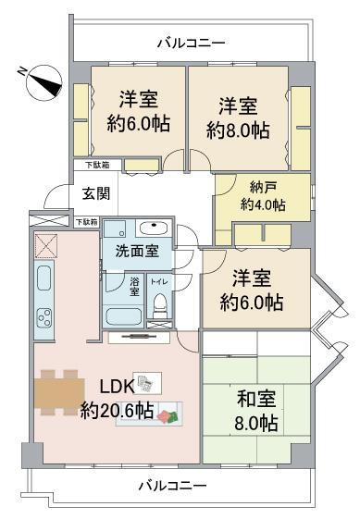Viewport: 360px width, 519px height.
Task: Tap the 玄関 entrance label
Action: point(95,193)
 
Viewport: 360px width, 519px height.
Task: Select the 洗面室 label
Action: point(137,252)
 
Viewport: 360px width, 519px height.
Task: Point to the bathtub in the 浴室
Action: point(124,316)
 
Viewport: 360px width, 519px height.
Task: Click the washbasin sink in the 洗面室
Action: point(154,228)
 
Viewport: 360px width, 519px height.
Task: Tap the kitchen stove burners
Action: point(44,317)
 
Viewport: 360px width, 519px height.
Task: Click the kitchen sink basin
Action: point(43,278)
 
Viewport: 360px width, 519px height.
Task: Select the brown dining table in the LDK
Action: point(59,393)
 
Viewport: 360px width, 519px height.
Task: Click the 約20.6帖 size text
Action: point(117,411)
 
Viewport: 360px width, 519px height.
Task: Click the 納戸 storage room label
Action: point(261,188)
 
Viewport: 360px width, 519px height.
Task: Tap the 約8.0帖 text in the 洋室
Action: point(238,130)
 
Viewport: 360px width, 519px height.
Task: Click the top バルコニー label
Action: point(191,43)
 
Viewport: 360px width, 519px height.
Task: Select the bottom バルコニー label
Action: point(172,486)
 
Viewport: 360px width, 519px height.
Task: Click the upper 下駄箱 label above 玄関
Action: point(97,165)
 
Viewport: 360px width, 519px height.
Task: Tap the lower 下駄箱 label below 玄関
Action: point(87,222)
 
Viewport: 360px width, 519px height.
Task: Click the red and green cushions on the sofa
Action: point(168,416)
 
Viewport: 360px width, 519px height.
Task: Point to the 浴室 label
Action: point(134,287)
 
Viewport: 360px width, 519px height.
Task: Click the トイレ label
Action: point(159,282)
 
